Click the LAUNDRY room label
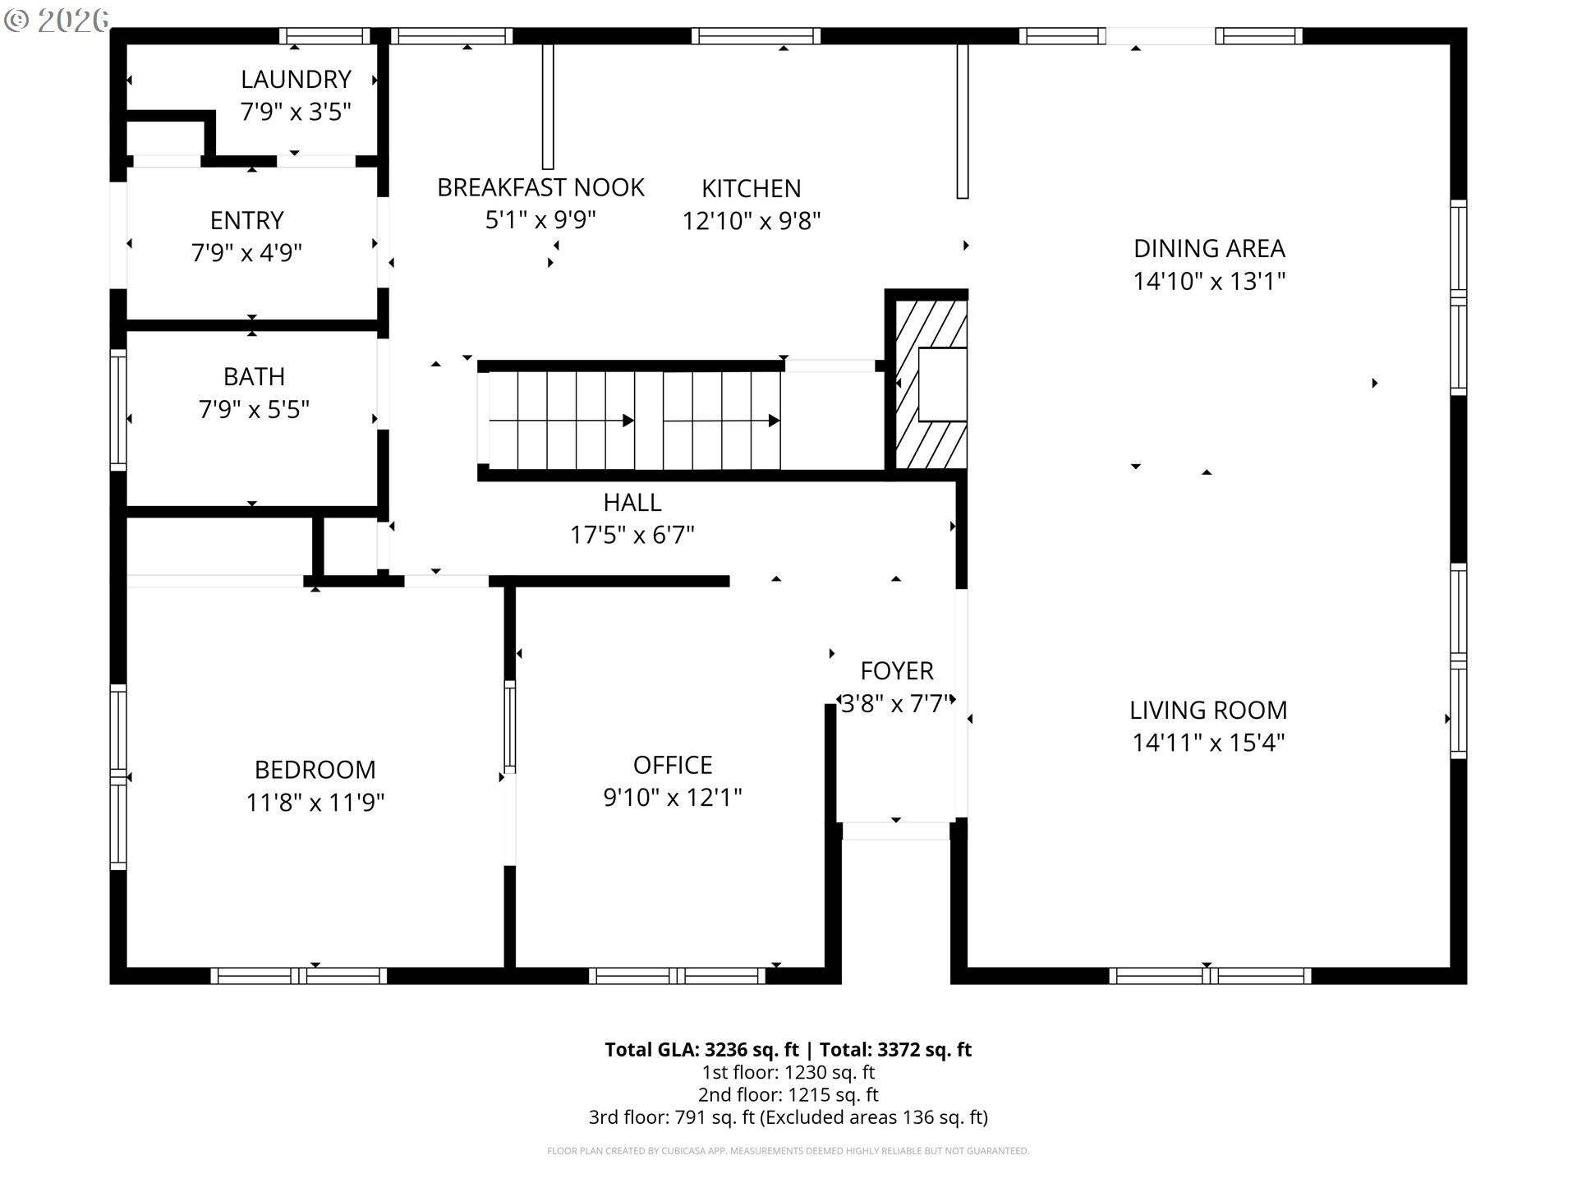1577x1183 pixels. (x=296, y=80)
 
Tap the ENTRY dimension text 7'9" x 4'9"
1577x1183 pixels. (x=246, y=252)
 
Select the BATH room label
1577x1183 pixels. (x=254, y=376)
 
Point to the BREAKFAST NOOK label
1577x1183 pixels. (x=540, y=187)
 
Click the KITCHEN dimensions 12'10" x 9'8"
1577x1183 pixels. (x=752, y=221)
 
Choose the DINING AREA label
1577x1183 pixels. (x=1209, y=248)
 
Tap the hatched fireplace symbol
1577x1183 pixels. (x=930, y=384)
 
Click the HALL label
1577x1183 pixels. (x=632, y=502)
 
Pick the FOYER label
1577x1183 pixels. (x=897, y=670)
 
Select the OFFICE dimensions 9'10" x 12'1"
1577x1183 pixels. (x=673, y=797)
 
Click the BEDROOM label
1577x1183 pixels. (x=315, y=770)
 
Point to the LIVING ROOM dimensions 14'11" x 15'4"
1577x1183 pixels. (x=1208, y=743)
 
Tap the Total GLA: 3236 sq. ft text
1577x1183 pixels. (x=701, y=1049)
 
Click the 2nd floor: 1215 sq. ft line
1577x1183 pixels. (x=788, y=1094)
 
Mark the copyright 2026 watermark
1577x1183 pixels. (x=56, y=20)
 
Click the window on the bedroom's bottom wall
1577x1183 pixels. (x=298, y=976)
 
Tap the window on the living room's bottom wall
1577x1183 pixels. (x=1210, y=976)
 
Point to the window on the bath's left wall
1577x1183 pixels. (x=118, y=410)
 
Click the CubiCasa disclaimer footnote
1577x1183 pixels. (x=788, y=1151)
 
